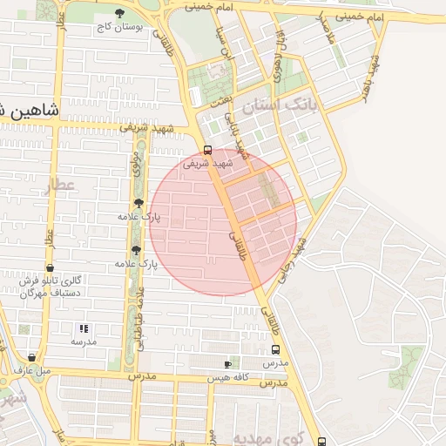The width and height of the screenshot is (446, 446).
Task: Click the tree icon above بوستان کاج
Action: click(x=119, y=13)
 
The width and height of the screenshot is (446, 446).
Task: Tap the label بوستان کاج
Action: click(x=119, y=28)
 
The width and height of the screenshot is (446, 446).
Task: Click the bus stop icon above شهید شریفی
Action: click(x=207, y=149)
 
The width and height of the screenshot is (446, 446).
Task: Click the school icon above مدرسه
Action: click(x=84, y=328)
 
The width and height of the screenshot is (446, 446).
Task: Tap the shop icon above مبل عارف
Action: click(x=31, y=357)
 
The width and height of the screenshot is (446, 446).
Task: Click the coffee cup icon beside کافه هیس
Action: click(x=227, y=363)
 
